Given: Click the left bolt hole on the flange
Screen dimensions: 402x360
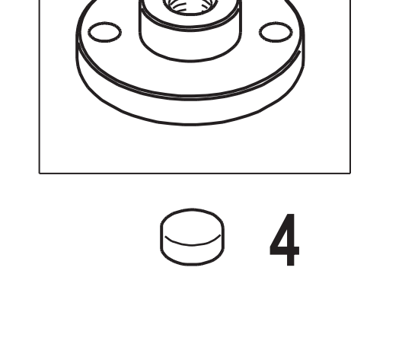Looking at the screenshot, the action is [x=104, y=32].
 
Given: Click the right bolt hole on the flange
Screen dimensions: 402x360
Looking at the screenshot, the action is [x=276, y=32].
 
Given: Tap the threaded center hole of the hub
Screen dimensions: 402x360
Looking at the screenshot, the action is [x=190, y=6].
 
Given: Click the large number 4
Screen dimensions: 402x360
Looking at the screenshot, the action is [x=285, y=240].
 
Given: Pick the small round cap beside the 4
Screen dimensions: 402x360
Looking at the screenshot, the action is [x=193, y=237].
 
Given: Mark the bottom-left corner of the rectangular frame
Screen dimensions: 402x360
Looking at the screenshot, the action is [x=40, y=174].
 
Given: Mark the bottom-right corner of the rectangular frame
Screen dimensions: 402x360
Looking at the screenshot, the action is [x=350, y=174].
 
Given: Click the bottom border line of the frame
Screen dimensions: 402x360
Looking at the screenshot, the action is [x=195, y=174].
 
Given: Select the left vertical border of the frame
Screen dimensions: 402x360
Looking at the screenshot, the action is [x=40, y=87].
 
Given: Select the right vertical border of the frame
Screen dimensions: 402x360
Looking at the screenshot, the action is [x=350, y=87].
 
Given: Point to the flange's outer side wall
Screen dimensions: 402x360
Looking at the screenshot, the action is [x=190, y=111].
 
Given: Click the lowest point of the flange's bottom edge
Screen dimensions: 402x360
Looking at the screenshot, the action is [x=190, y=125].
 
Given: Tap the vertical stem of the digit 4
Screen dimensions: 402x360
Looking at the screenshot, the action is [x=290, y=240].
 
